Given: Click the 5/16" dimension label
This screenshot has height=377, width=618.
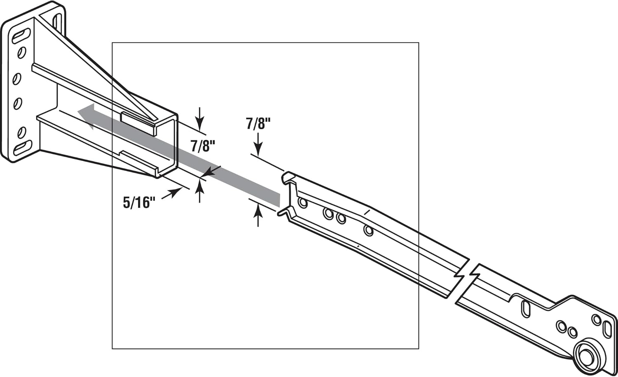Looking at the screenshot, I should [139, 202].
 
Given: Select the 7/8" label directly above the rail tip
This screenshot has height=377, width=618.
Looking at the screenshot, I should [258, 123].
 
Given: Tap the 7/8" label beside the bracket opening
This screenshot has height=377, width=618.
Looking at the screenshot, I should [203, 146].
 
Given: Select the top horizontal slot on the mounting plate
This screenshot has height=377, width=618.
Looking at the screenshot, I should [21, 36].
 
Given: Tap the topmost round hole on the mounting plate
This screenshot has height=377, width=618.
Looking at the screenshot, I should [21, 52].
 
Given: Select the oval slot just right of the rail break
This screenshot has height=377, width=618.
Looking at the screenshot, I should [526, 309].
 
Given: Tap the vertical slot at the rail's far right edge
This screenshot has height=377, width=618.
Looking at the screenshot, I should [607, 329].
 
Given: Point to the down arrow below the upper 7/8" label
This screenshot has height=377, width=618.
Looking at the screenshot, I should [258, 147].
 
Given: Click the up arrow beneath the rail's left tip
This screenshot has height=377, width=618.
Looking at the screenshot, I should [258, 216].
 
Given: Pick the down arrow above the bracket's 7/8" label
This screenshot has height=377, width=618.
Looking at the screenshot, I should [200, 119].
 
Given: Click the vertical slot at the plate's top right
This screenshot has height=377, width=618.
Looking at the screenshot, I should [58, 21].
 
